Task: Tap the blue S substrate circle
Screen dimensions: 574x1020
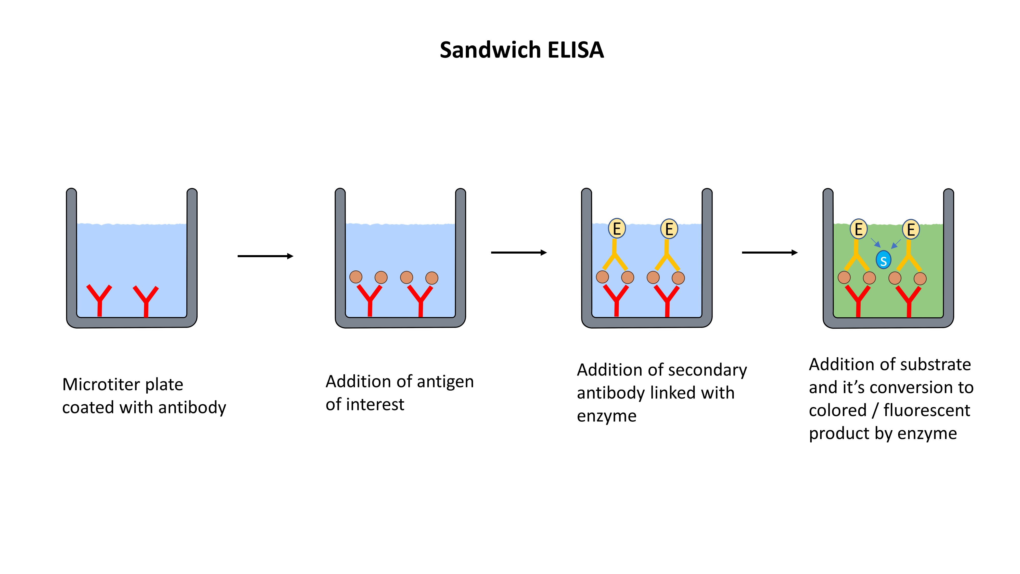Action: click(x=883, y=260)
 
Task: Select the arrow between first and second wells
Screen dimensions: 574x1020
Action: click(x=265, y=256)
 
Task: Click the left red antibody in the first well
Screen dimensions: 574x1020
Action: click(x=99, y=300)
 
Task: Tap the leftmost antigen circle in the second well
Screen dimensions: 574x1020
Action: click(x=355, y=277)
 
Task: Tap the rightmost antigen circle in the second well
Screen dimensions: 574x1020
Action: click(x=432, y=278)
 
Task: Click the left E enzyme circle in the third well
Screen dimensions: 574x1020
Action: click(x=617, y=229)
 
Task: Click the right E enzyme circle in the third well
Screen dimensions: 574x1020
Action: click(x=669, y=229)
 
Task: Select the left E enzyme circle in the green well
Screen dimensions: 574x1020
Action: click(x=858, y=229)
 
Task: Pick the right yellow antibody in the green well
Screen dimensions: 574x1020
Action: click(x=909, y=257)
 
